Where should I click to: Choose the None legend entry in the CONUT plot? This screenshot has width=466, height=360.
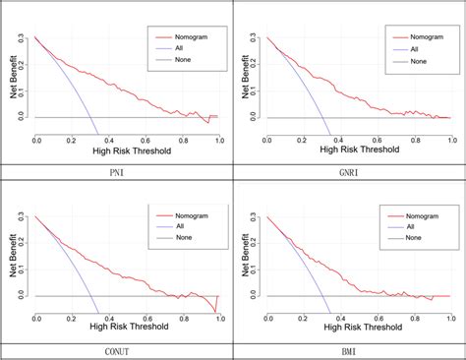point(177,239)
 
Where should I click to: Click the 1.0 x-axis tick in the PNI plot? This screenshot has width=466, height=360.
point(218,141)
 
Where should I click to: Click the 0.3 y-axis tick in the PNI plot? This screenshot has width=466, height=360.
point(24,39)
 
